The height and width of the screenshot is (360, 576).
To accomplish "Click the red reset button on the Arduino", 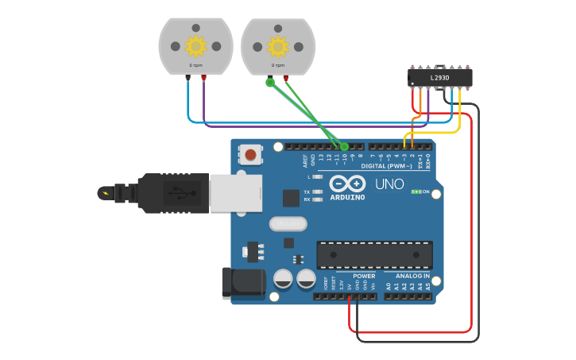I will [x=251, y=155].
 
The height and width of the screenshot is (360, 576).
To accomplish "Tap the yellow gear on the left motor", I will [x=195, y=45].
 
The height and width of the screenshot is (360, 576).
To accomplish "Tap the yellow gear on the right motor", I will [x=277, y=45].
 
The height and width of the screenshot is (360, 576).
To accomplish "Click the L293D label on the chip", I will [x=439, y=78].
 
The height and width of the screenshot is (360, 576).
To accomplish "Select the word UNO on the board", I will [x=389, y=184].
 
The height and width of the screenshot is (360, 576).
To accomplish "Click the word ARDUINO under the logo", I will [x=348, y=197].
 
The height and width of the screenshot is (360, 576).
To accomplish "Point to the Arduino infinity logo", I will [x=347, y=183].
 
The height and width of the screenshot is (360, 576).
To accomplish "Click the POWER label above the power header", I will [x=364, y=276].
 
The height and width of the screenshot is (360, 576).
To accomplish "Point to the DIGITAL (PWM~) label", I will [x=387, y=166].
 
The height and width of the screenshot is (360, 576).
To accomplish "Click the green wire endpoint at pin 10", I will [x=344, y=146].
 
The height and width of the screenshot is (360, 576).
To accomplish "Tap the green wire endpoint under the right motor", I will [x=270, y=81].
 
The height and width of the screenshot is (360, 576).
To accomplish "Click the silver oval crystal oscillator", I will [x=288, y=224].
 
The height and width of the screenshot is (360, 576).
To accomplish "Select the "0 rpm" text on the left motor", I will [x=195, y=65].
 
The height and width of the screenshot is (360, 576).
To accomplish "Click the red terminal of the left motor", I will [x=203, y=78].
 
